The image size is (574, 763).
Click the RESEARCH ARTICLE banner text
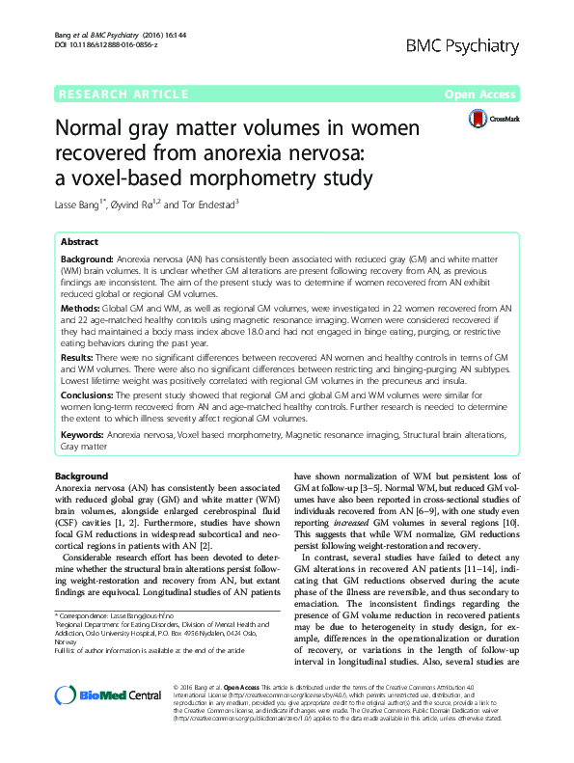pyautogui.click(x=123, y=94)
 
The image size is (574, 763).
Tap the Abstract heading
pyautogui.click(x=79, y=242)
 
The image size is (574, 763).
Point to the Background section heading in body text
pyautogui.click(x=81, y=477)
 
